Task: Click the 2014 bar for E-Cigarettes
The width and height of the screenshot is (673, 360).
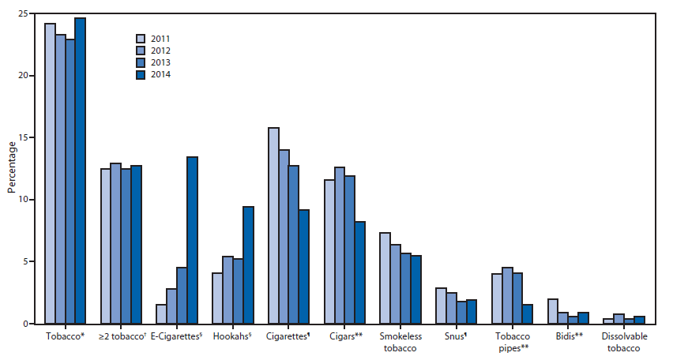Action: (x=192, y=241)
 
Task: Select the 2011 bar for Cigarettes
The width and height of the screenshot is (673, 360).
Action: (x=273, y=226)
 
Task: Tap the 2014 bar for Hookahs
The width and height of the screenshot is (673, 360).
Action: (x=248, y=265)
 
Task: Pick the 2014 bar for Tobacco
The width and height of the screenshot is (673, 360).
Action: (x=80, y=171)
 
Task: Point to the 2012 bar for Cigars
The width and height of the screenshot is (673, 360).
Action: (x=340, y=246)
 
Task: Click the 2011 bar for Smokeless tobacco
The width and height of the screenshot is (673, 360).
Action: (x=385, y=279)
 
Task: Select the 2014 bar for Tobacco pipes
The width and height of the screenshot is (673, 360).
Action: (x=528, y=314)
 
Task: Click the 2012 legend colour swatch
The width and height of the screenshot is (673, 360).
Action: (x=141, y=51)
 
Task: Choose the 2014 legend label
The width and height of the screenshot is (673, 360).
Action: (x=160, y=75)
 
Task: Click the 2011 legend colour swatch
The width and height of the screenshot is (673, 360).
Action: (x=141, y=38)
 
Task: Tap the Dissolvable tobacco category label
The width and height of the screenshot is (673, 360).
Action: (x=623, y=343)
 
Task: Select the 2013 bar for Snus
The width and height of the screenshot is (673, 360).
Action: (x=461, y=313)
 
